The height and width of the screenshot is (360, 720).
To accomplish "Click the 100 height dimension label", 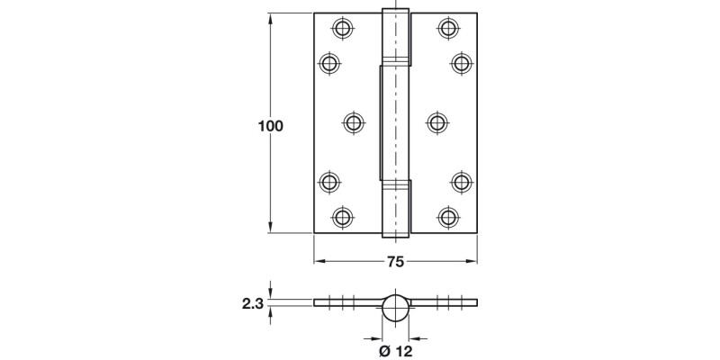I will point(270,127).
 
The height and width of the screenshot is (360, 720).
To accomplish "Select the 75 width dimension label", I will point(394,262).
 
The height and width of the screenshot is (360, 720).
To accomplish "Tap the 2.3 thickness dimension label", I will point(251,305).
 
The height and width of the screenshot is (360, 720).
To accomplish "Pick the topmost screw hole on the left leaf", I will point(342,29).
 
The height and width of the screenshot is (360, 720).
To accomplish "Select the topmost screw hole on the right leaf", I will point(447,29).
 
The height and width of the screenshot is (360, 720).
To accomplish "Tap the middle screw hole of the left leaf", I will point(355,122).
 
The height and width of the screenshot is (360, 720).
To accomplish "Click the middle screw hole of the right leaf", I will point(436,122).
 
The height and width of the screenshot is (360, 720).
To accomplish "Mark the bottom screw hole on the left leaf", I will point(342,216).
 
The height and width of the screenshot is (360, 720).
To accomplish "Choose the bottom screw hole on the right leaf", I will point(447,216).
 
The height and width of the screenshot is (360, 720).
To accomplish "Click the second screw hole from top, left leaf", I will point(330,63).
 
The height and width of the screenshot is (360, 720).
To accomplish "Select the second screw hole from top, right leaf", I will point(461,63).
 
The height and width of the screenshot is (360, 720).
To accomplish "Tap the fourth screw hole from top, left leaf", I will point(330,182).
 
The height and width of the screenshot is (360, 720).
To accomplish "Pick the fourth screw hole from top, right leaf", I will point(461,182).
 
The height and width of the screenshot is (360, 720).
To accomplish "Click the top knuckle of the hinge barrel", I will point(395,36).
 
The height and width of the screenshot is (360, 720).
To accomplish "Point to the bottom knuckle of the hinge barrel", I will point(395,209).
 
